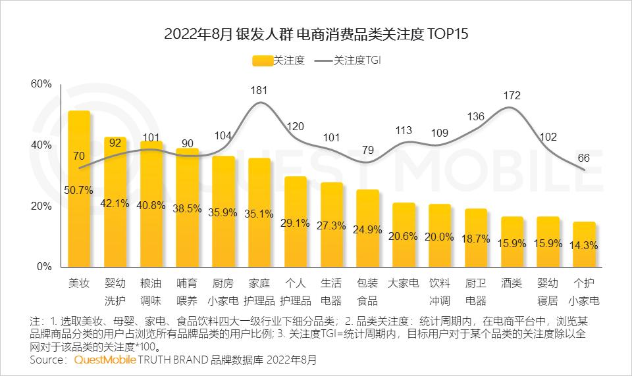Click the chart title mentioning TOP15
point(315,34)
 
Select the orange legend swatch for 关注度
point(262,61)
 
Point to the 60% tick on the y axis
point(41,84)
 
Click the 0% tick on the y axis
point(43,267)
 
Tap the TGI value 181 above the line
point(259,90)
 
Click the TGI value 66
point(584,158)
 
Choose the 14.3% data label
point(584,245)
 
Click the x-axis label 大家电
point(404,284)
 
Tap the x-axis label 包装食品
point(368,292)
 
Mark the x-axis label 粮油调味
point(151,292)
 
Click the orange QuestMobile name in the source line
point(105,360)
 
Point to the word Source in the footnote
point(48,360)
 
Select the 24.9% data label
point(368,229)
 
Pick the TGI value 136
point(475,117)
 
